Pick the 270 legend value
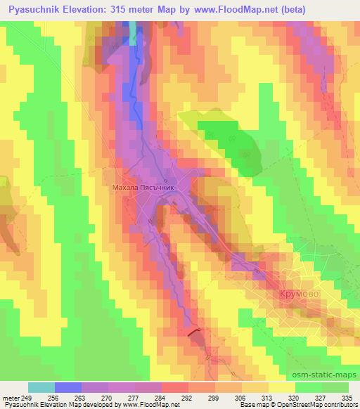pos(108,397)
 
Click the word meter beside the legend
pos(11,397)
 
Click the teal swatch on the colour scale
pos(41,387)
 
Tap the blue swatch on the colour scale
pos(68,387)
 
